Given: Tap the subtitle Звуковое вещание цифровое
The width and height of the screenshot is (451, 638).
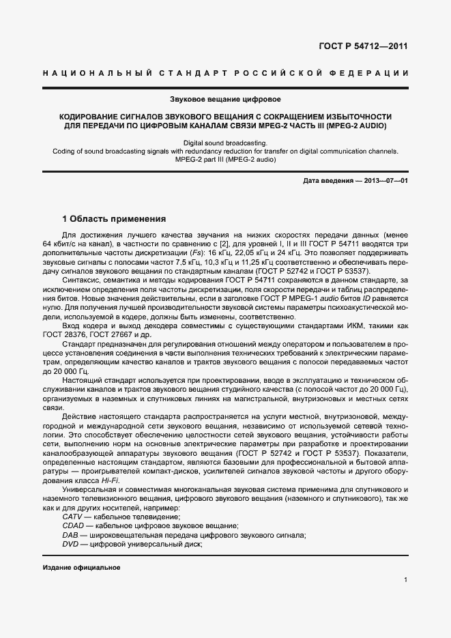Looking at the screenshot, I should [225, 100].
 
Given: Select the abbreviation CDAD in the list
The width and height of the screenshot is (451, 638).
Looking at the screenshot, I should [73, 526].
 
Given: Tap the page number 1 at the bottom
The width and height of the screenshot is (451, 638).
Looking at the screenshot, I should [405, 580].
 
